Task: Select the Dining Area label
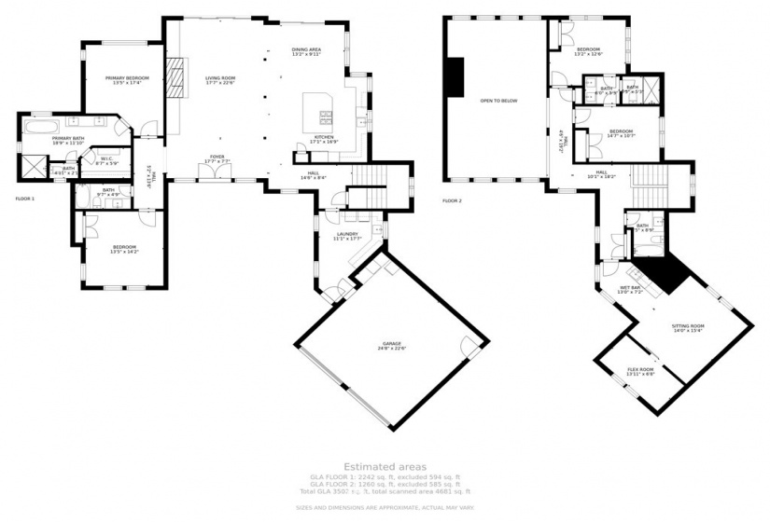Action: tap(306, 51)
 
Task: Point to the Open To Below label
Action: tap(498, 101)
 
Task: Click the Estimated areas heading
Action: tap(385, 466)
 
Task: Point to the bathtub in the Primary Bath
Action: tap(43, 125)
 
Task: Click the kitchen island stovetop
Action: tap(327, 117)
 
